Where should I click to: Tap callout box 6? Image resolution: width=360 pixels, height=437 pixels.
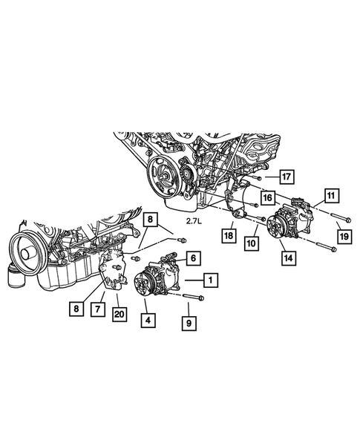(192, 257)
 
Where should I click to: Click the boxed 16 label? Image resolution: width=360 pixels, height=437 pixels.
(266, 197)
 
